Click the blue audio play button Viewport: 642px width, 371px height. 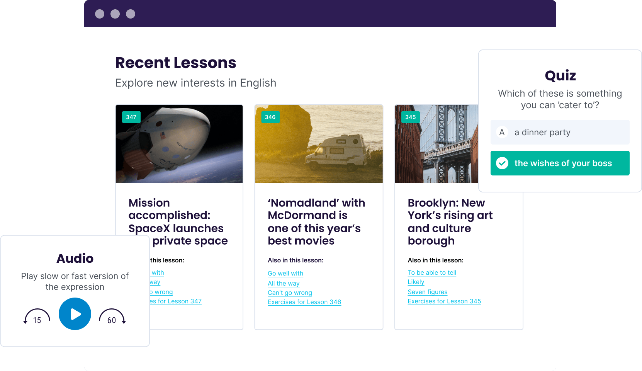click(75, 314)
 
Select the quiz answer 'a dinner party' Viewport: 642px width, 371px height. click(560, 132)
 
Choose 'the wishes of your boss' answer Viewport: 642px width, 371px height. click(560, 163)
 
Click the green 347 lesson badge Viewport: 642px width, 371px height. click(131, 117)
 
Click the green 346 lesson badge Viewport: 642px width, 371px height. click(270, 117)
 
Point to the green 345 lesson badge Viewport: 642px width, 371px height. click(410, 117)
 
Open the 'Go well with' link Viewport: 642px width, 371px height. click(285, 273)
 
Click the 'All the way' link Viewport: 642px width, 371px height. click(284, 283)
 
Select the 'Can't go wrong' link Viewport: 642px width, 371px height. click(290, 293)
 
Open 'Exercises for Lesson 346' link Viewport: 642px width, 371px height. click(304, 302)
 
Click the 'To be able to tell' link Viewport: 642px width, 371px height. click(432, 272)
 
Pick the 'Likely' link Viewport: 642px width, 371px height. click(416, 282)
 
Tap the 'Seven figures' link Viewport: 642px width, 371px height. click(428, 292)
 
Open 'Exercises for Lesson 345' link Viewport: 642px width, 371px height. click(444, 301)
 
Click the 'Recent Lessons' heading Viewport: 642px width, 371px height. click(176, 63)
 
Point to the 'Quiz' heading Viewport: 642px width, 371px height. click(560, 75)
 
